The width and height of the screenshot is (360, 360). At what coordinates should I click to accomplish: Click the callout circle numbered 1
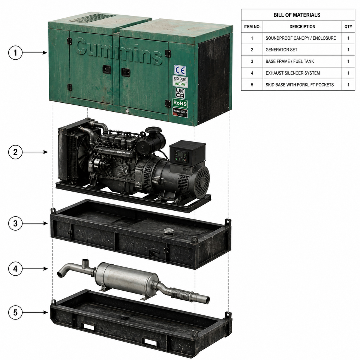click(x=15, y=52)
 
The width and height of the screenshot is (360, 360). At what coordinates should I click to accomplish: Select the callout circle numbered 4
click(x=15, y=268)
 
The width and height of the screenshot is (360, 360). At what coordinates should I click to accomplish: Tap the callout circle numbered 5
click(x=15, y=312)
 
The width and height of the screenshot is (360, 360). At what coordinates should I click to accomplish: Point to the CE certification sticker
click(x=180, y=70)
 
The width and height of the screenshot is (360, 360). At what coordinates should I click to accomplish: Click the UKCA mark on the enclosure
click(x=180, y=93)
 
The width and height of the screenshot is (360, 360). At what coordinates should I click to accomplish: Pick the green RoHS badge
click(x=180, y=103)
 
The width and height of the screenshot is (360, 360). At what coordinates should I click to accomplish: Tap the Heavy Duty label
click(x=180, y=112)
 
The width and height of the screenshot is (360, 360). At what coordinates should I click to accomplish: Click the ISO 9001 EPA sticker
click(x=180, y=81)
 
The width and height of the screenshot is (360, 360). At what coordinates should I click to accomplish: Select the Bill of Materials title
click(x=297, y=15)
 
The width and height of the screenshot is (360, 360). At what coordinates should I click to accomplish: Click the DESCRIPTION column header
click(x=302, y=27)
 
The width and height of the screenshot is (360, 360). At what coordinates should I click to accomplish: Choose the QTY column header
click(x=348, y=27)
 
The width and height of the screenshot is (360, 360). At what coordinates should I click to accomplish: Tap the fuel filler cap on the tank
click(x=168, y=231)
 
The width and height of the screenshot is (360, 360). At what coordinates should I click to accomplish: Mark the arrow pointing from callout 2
click(x=35, y=152)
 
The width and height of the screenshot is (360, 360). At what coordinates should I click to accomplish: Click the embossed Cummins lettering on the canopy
click(x=119, y=51)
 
